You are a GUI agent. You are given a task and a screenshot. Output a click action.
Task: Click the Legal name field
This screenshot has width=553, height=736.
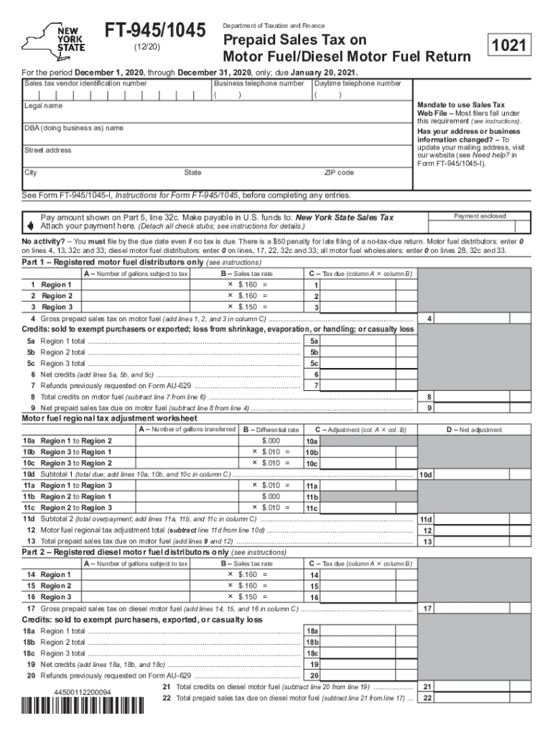click(x=215, y=114)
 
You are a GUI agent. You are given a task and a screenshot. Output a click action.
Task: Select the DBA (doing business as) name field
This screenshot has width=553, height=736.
click(x=215, y=135)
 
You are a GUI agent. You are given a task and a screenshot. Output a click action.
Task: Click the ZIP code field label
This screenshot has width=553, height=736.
click(x=339, y=173)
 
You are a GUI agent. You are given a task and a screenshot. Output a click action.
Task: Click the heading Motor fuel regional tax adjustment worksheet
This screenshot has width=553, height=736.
click(x=109, y=418)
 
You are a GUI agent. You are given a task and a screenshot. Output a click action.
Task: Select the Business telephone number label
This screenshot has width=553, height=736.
click(x=259, y=84)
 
